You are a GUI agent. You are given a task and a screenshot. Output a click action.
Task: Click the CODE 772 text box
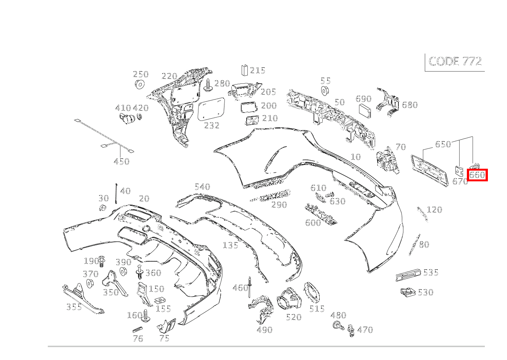click(x=455, y=62)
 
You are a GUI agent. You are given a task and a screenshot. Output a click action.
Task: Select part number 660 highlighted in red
click(x=477, y=175)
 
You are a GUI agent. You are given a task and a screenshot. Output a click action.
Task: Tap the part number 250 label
click(x=140, y=74)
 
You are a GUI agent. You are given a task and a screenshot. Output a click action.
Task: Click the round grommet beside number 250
click(x=140, y=84)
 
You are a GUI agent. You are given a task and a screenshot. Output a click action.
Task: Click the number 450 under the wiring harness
click(x=122, y=161)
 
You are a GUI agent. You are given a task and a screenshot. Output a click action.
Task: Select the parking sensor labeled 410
click(x=126, y=119)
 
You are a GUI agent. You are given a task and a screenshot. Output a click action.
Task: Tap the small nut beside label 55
click(x=325, y=91)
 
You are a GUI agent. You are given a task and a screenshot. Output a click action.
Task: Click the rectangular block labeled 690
click(x=365, y=111)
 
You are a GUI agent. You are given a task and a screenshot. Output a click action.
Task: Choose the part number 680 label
click(x=409, y=105)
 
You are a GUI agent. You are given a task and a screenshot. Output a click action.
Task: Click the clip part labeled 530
click(x=408, y=293)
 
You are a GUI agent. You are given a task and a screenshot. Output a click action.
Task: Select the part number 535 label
click(x=431, y=273)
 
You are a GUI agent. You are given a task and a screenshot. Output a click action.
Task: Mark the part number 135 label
click(x=230, y=245)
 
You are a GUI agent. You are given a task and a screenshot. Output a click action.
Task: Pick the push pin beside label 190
click(x=102, y=261)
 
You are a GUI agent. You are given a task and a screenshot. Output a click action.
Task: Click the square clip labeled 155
click(x=159, y=300)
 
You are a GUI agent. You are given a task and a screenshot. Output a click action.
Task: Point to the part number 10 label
click(x=355, y=157)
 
